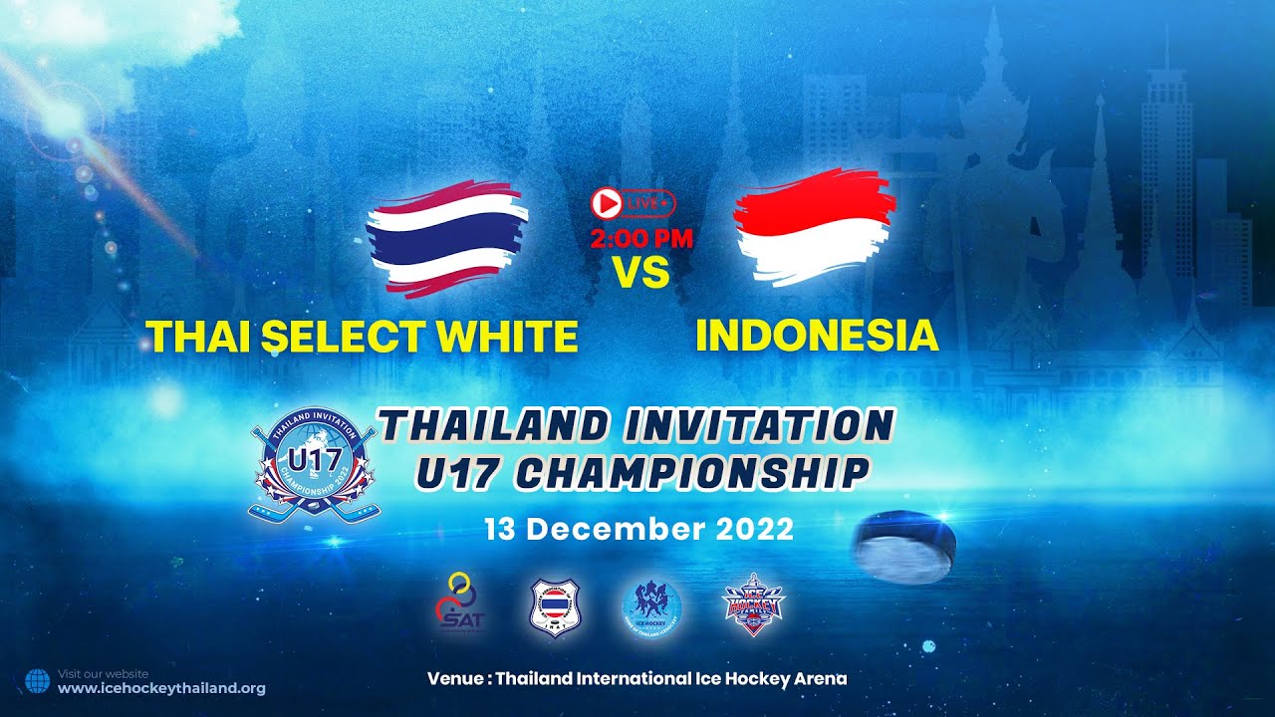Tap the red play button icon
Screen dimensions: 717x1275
pos(605,204)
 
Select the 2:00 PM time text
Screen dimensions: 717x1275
pos(640,239)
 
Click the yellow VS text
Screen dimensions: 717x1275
pos(640,272)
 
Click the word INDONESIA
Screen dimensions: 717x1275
pos(817,337)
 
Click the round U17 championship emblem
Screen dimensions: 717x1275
pos(313,465)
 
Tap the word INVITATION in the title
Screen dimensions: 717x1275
pos(757,426)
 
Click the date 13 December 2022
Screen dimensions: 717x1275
pos(638,529)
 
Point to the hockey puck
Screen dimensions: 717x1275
pos(904,546)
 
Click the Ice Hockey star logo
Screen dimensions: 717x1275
pos(753,604)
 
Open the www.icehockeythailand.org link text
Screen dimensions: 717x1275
pos(161,688)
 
